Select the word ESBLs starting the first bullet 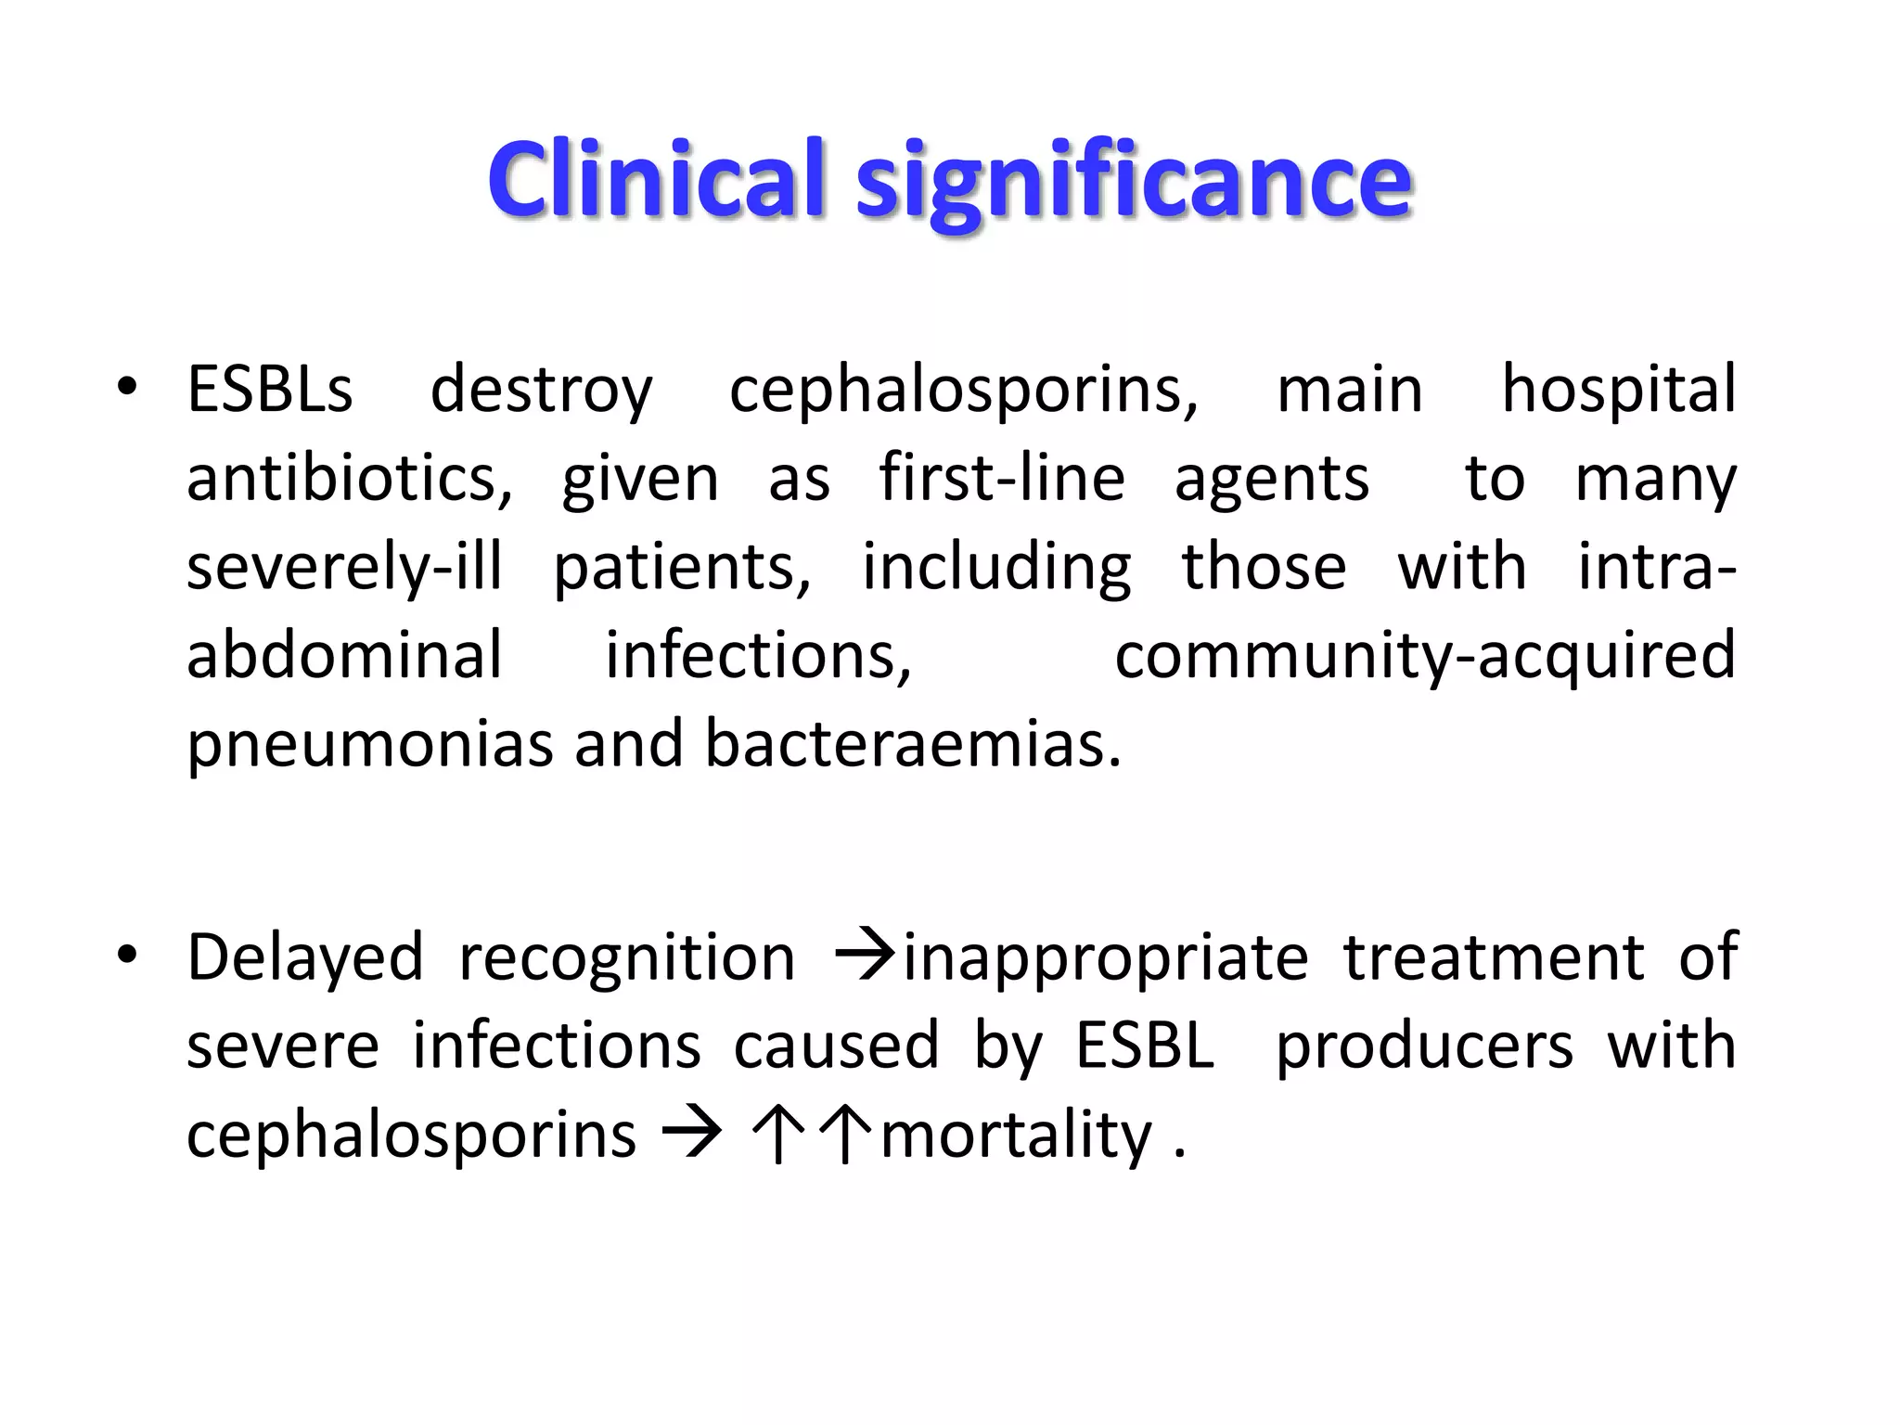pyautogui.click(x=270, y=389)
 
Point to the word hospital pyautogui.click(x=1618, y=390)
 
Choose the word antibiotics pyautogui.click(x=349, y=479)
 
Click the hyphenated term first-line pyautogui.click(x=1002, y=478)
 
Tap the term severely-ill pyautogui.click(x=344, y=567)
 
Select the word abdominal pyautogui.click(x=344, y=655)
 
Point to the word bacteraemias pyautogui.click(x=913, y=744)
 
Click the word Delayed pyautogui.click(x=305, y=958)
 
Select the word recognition pyautogui.click(x=627, y=958)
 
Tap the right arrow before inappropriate pyautogui.click(x=864, y=955)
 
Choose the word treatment pyautogui.click(x=1494, y=957)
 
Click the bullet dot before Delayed pyautogui.click(x=127, y=955)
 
